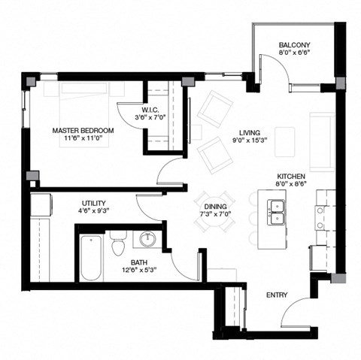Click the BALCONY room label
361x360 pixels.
[x=293, y=44]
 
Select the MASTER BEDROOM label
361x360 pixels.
[x=83, y=130]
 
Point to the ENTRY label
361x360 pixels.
[x=277, y=295]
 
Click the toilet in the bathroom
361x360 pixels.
[x=117, y=244]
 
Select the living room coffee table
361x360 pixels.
[x=285, y=140]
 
